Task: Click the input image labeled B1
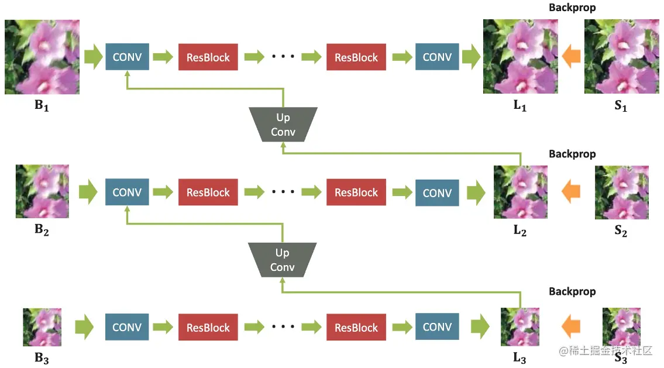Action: [42, 57]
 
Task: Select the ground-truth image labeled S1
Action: [621, 57]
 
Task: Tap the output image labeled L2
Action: [520, 192]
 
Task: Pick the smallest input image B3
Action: [42, 327]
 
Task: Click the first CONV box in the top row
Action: [127, 57]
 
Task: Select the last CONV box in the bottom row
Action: [437, 327]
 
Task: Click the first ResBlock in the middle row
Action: [208, 192]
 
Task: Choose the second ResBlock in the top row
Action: [356, 57]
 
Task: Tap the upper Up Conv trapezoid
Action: [283, 125]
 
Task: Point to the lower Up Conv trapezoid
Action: [283, 260]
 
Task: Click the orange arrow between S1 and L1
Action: [571, 57]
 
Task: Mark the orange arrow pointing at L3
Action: [571, 327]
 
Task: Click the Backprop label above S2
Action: [572, 154]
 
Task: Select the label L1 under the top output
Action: [520, 107]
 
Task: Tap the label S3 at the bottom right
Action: [621, 359]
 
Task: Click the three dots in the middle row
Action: [283, 192]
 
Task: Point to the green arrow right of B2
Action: [88, 192]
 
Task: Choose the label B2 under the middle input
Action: [42, 230]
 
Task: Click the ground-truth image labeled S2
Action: [621, 192]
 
